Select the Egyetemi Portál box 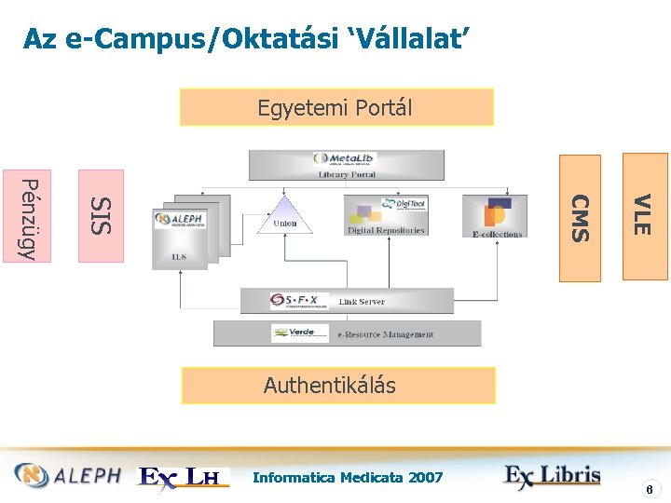coord(335,107)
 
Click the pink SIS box coord(101,215)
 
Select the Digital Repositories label coord(386,230)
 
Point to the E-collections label coord(497,234)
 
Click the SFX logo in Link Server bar coord(299,301)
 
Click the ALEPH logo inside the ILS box coord(181,219)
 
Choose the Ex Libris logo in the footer coord(553,476)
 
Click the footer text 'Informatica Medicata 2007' coord(348,477)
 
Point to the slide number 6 coord(652,488)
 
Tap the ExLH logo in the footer coord(184,477)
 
